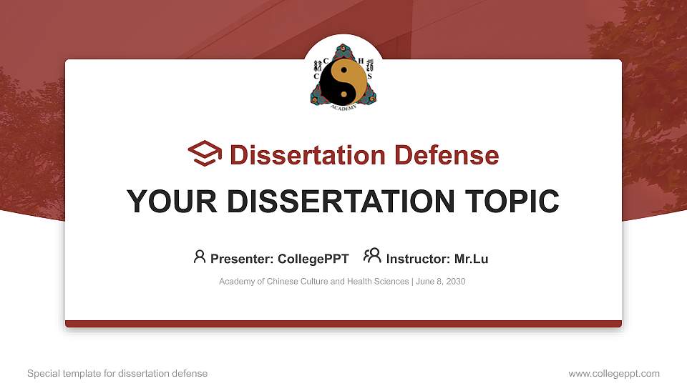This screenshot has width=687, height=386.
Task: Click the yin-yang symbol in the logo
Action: click(343, 80)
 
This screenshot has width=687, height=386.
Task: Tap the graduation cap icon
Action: click(205, 154)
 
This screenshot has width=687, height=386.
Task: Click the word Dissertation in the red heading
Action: click(300, 155)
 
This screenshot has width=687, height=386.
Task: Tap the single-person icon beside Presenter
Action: click(200, 257)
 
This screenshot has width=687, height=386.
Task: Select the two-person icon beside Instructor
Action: click(372, 256)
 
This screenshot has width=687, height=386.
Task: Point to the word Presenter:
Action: click(243, 259)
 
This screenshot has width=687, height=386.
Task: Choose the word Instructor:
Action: click(419, 259)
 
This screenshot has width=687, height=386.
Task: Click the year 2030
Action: click(455, 282)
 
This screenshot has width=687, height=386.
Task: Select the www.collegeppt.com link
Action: click(614, 373)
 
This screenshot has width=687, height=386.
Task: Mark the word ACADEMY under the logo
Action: click(343, 107)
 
